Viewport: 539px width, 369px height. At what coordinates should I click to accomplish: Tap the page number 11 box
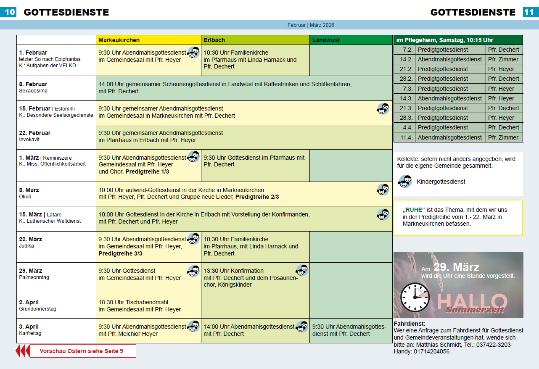point(531,12)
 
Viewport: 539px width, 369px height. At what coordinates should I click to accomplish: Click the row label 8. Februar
point(33,84)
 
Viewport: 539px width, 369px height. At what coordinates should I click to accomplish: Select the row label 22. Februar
point(35,133)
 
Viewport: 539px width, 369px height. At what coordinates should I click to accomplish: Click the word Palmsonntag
point(34,277)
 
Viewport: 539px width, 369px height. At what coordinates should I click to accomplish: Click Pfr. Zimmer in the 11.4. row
point(503,137)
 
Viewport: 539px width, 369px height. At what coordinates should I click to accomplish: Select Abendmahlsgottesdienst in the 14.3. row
point(450,98)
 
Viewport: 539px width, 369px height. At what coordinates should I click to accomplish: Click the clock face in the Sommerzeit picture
point(415,297)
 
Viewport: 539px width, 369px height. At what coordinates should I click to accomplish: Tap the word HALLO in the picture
point(472,301)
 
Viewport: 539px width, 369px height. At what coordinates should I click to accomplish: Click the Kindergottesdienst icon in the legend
point(405,182)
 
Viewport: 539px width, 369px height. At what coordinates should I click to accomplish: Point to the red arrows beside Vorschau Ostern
point(23,351)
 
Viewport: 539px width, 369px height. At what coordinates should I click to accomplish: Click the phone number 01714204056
point(432,351)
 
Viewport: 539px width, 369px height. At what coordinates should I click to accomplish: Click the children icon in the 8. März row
point(383,190)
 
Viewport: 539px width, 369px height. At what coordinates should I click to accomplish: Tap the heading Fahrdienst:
point(410,324)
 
